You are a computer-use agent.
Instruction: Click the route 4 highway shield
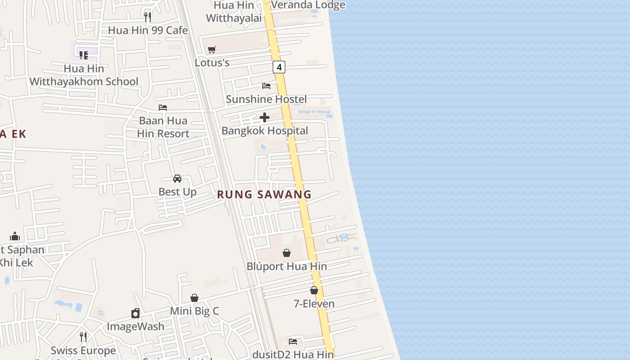[279, 67]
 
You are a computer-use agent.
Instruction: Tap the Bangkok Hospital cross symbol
[265, 117]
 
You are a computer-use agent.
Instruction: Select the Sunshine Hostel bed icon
[266, 85]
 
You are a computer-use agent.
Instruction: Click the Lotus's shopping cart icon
[212, 49]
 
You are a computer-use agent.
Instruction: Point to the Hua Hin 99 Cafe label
[148, 30]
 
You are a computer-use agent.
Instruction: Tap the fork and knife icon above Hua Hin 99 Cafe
[148, 17]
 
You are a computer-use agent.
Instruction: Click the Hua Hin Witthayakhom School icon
[84, 55]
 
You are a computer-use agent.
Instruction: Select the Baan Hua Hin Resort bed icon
[163, 107]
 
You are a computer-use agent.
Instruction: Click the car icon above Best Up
[177, 179]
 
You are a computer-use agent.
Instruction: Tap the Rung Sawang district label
[264, 194]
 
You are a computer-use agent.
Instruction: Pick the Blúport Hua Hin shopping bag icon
[287, 253]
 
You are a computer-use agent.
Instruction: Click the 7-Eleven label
[314, 304]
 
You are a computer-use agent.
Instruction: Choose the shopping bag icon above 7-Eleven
[314, 291]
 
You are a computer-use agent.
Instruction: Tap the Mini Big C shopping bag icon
[194, 298]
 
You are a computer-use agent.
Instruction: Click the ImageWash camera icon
[135, 313]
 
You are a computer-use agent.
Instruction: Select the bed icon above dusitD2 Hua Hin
[293, 342]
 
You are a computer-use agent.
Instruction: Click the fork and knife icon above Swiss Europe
[83, 337]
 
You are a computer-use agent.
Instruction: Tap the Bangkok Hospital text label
[265, 130]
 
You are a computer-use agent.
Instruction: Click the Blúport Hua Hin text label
[287, 266]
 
